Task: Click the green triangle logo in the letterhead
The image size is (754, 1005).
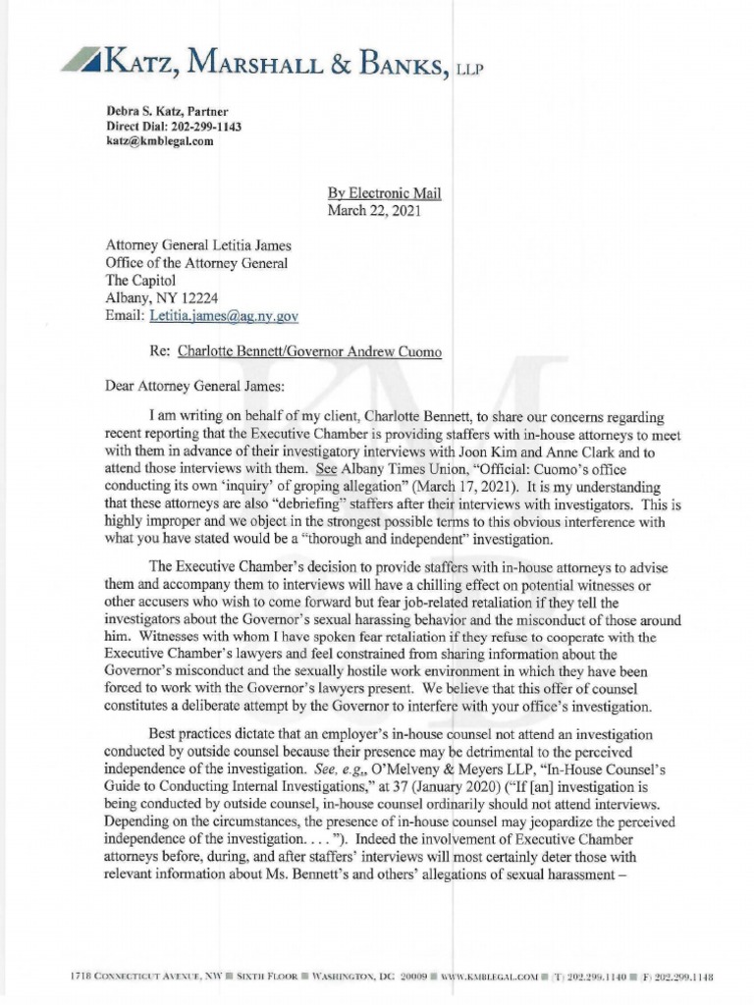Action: [x=81, y=59]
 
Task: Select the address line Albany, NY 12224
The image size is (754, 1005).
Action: [x=160, y=298]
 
